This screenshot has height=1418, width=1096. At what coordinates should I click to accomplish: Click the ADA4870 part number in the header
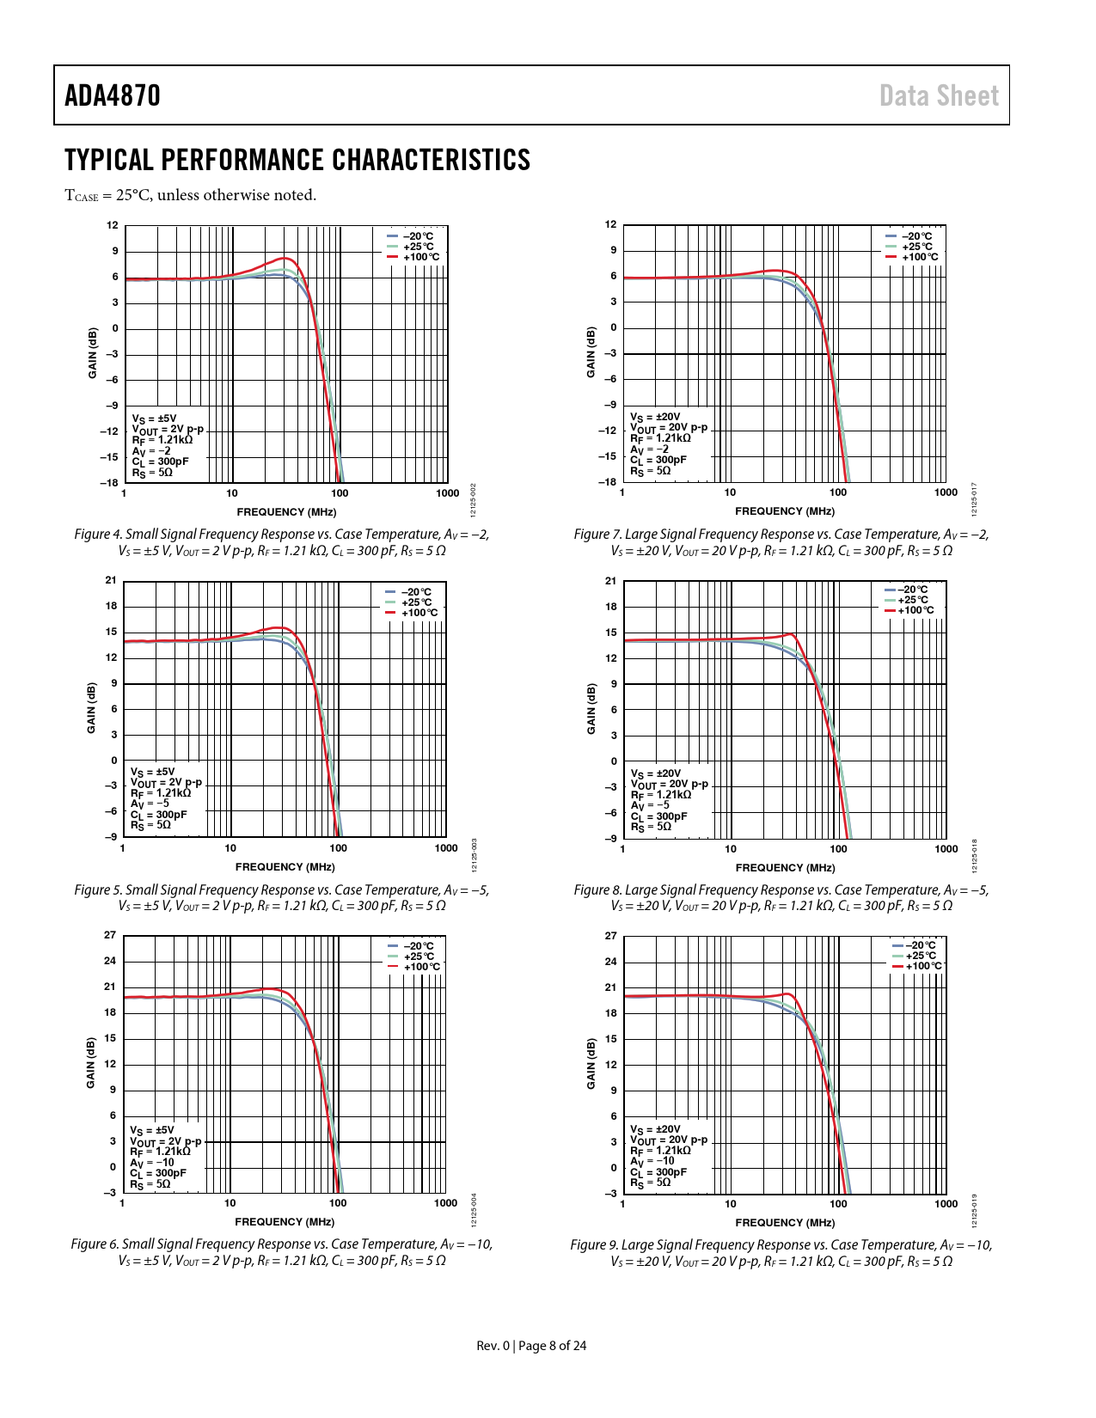click(113, 95)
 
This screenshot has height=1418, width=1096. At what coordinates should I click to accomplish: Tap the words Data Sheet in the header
click(939, 95)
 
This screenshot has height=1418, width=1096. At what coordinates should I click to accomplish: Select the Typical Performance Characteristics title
click(297, 161)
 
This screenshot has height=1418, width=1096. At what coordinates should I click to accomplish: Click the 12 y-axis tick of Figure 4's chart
click(113, 225)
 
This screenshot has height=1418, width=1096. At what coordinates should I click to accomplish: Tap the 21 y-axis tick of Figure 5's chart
click(111, 580)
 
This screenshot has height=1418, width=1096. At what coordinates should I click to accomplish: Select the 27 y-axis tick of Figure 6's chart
click(110, 935)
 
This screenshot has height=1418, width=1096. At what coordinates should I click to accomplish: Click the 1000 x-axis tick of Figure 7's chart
click(946, 492)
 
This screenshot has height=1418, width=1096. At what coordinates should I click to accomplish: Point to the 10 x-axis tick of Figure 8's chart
click(731, 849)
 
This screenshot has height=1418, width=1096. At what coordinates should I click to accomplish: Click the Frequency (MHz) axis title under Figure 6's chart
click(285, 1221)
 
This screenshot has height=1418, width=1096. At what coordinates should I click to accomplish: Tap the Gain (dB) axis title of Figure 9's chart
click(591, 1064)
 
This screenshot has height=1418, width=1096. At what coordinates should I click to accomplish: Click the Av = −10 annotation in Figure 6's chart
click(152, 1162)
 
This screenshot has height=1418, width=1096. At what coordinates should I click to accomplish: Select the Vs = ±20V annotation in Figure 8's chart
click(656, 773)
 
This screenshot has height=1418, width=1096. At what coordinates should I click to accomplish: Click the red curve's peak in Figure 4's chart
click(286, 258)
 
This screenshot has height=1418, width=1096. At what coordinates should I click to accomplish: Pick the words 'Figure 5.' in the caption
click(97, 890)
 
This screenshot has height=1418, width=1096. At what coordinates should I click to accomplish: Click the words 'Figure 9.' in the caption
click(594, 1245)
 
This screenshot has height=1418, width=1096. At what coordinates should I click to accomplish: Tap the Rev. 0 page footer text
click(493, 1346)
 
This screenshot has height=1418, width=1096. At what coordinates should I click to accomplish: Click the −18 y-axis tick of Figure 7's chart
click(608, 482)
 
